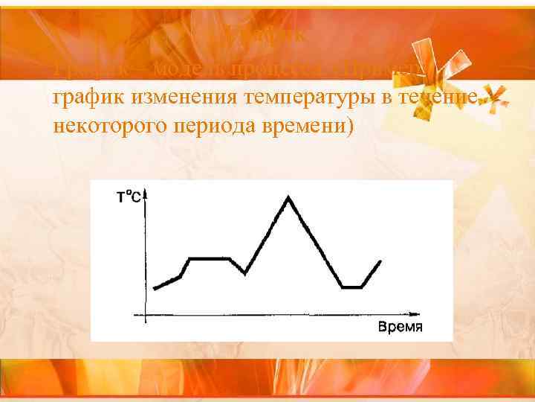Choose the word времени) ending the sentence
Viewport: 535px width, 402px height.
pos(317,127)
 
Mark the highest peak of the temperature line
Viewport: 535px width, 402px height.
pos(288,197)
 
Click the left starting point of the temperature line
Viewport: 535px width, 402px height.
pos(154,288)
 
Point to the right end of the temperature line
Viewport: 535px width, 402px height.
pos(380,261)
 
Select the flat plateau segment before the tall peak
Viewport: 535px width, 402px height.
pos(210,258)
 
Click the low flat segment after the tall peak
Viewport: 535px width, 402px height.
pos(351,287)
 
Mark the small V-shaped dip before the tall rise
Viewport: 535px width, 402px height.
pos(244,273)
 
